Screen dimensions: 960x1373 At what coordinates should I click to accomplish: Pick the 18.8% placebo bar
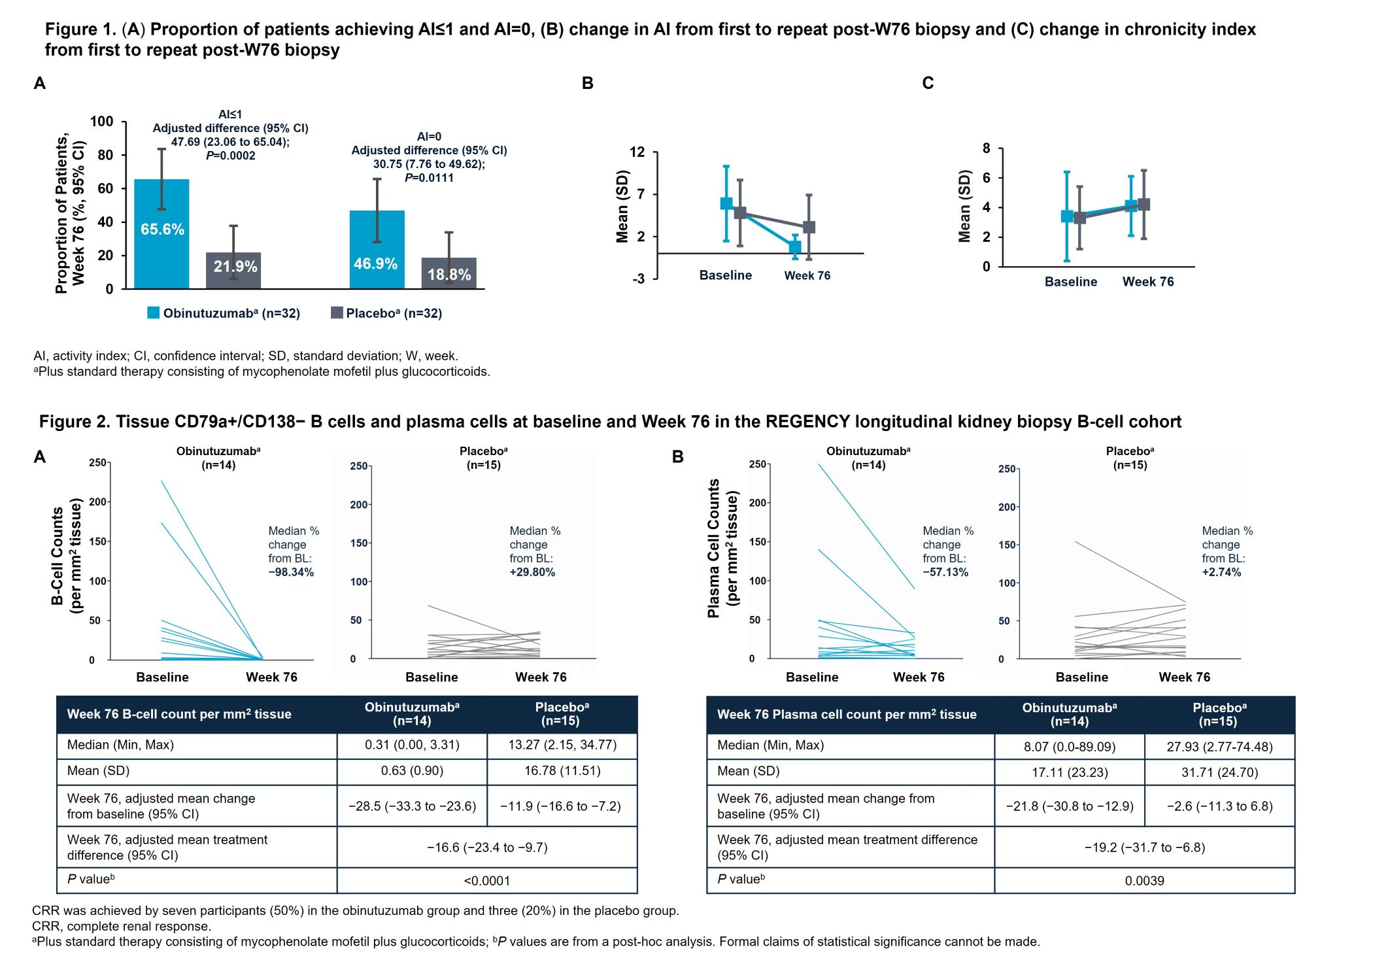(x=449, y=273)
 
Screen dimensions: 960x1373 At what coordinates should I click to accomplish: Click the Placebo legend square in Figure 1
(x=337, y=313)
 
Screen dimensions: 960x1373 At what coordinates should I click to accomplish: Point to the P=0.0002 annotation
(x=230, y=156)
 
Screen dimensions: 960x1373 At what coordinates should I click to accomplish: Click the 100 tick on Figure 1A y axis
(x=101, y=122)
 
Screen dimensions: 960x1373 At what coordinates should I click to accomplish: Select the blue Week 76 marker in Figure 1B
(x=794, y=247)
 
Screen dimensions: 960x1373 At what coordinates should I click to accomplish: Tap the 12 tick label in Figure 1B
(x=637, y=152)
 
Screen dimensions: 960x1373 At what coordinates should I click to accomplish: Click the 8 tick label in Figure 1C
(x=986, y=148)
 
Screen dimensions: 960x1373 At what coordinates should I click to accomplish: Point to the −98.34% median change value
(x=291, y=572)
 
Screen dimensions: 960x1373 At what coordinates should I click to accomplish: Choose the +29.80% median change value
(x=532, y=572)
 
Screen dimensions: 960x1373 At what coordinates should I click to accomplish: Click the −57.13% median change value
(x=945, y=572)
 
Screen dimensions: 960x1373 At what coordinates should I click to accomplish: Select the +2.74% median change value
(x=1221, y=572)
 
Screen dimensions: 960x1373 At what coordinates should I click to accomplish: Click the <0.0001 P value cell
(x=487, y=881)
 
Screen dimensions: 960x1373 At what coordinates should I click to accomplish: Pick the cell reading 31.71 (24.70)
(x=1219, y=772)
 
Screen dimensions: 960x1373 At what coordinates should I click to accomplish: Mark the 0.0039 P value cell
(x=1144, y=881)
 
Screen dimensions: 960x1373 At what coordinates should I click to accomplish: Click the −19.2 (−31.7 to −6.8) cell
(x=1144, y=848)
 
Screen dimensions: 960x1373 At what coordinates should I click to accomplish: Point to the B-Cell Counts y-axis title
(x=67, y=556)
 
